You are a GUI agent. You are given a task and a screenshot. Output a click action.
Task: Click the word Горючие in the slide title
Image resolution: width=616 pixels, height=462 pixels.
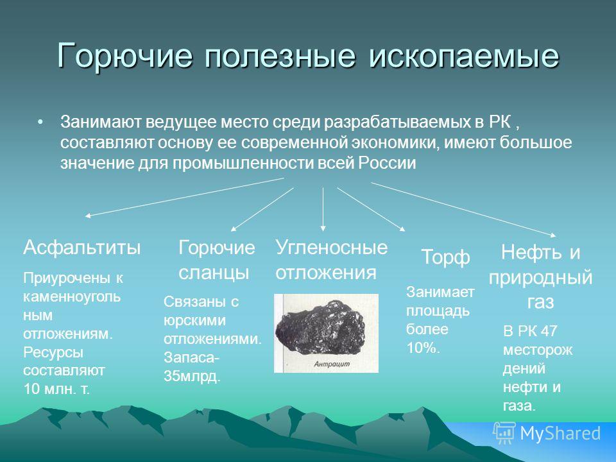[x=125, y=55]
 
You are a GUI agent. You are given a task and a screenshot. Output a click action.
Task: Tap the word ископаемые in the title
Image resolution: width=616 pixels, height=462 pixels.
[x=463, y=55]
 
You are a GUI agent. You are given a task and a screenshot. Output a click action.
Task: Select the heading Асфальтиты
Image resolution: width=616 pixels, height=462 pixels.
[x=81, y=248]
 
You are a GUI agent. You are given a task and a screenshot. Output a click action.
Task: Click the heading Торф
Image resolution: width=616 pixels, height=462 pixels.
[x=445, y=258]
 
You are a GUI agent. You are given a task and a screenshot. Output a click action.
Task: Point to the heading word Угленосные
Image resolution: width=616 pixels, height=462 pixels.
[x=332, y=248]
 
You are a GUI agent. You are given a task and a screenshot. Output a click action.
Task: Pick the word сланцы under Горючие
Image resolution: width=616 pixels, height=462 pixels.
[x=214, y=272]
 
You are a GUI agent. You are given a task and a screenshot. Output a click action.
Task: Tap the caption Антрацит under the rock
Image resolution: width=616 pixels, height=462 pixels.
[x=332, y=364]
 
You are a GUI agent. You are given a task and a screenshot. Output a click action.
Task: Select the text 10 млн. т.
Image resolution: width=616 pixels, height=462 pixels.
[x=56, y=389]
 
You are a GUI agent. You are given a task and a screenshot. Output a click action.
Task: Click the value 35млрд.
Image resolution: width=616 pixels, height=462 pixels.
[x=192, y=377]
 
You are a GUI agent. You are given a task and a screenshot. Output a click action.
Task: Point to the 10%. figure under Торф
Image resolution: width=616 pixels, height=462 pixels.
[x=423, y=348]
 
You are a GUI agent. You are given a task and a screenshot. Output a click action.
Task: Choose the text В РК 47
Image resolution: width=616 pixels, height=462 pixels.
[x=530, y=331]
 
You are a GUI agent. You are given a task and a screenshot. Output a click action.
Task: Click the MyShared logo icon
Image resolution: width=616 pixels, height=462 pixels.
[x=504, y=433]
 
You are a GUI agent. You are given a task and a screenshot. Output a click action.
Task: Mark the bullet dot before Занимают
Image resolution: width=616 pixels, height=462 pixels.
[x=40, y=122]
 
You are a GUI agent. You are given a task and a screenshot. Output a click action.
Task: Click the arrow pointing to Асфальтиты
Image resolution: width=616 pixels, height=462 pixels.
[x=184, y=197]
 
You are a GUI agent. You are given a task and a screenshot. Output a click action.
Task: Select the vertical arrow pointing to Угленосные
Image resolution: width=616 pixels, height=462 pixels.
[x=323, y=209]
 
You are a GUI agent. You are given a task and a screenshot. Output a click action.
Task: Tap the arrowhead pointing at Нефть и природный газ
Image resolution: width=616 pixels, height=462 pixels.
[x=553, y=235]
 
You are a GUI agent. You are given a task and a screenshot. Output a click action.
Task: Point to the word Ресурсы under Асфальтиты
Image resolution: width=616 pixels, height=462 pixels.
[x=53, y=352]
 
